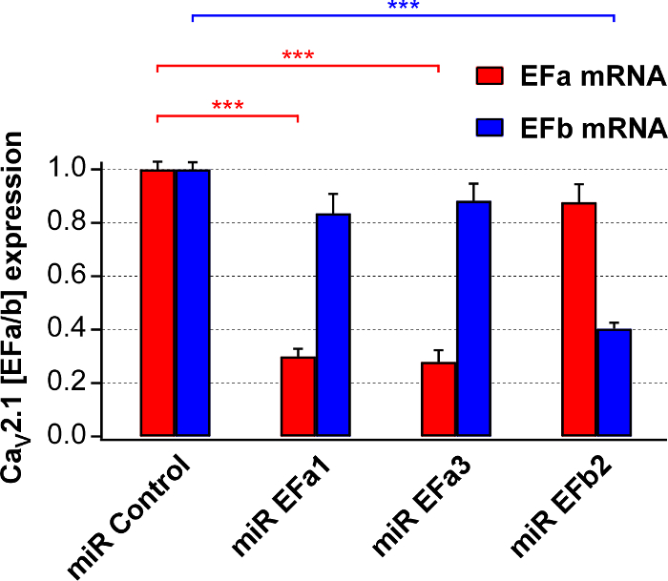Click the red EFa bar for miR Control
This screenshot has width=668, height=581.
click(157, 303)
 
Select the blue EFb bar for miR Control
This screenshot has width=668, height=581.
click(193, 303)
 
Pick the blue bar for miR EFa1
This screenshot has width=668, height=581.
click(334, 325)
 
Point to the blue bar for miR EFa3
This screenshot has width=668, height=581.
click(474, 319)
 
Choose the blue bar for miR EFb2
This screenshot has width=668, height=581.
click(614, 383)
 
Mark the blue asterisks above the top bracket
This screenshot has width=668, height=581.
click(403, 7)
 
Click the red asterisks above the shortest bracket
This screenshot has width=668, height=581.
click(227, 105)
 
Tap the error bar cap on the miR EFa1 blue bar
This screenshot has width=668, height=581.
click(334, 195)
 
